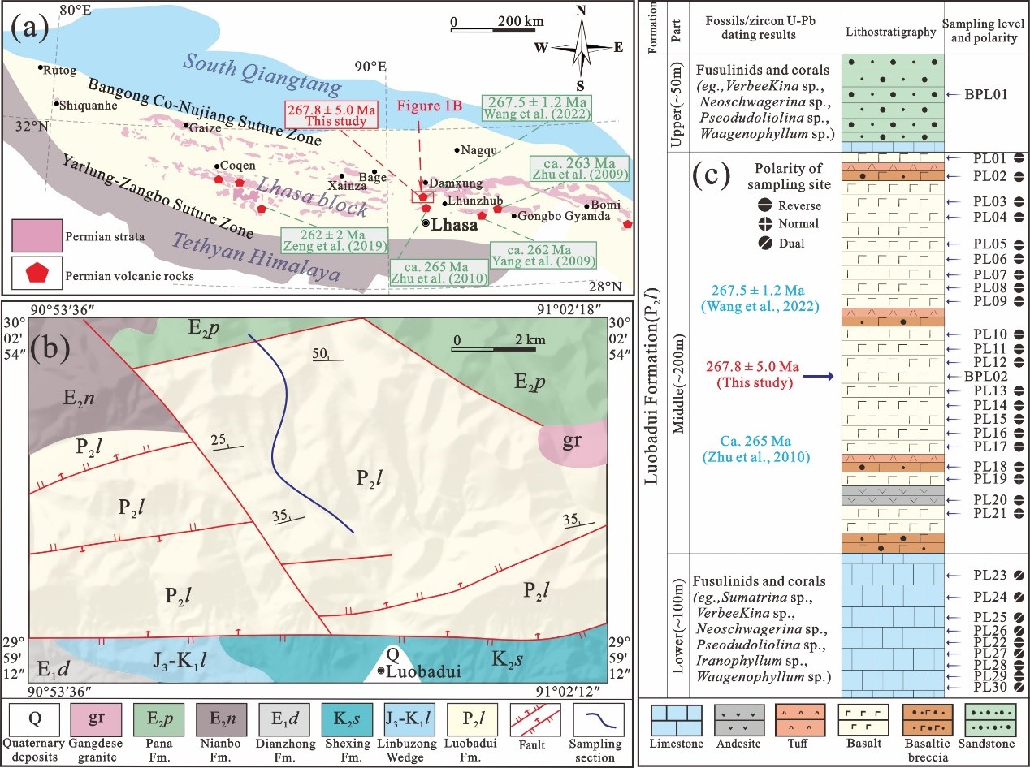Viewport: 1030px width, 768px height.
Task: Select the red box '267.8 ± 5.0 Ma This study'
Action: click(331, 114)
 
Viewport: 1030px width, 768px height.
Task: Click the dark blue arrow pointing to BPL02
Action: click(818, 377)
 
